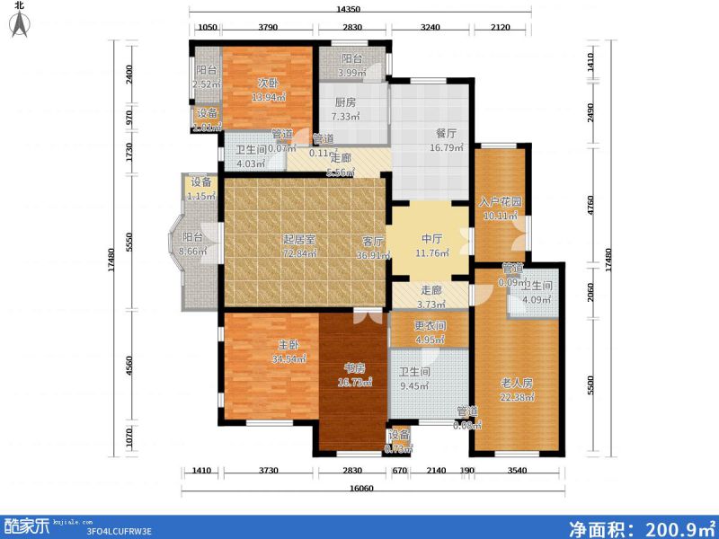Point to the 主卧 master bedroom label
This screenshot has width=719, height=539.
[x=288, y=344]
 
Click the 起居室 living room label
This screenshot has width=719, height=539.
[x=298, y=240]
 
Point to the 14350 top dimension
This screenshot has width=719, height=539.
[x=360, y=9]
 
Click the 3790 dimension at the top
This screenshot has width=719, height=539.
[x=267, y=29]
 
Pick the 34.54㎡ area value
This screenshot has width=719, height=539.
[x=288, y=358]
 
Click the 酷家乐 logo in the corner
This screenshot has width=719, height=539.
[x=29, y=525]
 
